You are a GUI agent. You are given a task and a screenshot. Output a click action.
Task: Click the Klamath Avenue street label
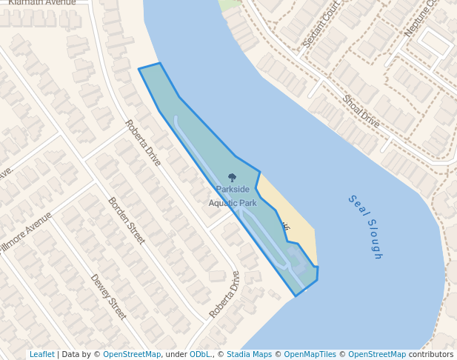click(x=44, y=3)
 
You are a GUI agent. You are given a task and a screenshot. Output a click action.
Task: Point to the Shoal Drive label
click(x=361, y=112)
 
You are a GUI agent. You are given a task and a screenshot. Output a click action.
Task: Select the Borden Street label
click(x=127, y=221)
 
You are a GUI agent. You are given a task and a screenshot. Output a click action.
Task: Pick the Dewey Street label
click(x=109, y=297)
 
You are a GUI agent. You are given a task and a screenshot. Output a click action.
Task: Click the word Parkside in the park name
click(x=233, y=190)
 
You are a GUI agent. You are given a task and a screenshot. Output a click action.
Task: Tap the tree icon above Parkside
click(x=233, y=178)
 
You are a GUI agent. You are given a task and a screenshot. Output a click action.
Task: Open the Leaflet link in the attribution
click(x=41, y=355)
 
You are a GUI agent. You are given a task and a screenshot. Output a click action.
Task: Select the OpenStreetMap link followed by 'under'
click(x=131, y=355)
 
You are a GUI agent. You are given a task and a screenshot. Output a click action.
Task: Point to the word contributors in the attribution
click(x=430, y=355)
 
